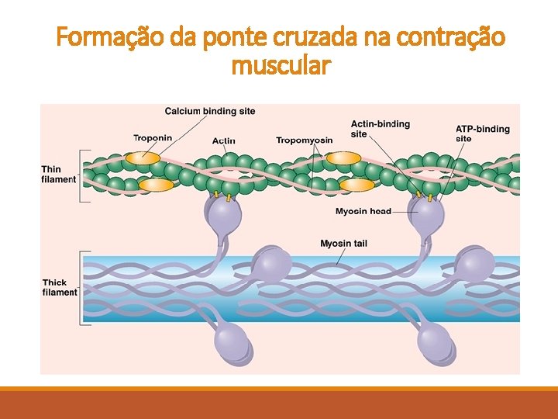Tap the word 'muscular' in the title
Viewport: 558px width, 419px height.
pos(281,67)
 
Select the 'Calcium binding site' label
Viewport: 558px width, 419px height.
pos(210,112)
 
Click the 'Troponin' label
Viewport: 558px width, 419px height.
pos(153,138)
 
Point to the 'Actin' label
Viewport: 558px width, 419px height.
pos(224,140)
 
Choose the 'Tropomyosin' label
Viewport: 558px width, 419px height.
pos(304,140)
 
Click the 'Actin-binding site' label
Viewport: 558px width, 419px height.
pos(380,129)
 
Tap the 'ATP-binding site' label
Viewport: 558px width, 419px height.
pos(482,133)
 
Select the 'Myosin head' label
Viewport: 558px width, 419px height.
pos(363,211)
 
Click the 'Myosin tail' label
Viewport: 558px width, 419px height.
pos(343,244)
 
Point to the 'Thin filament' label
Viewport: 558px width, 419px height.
pos(59,175)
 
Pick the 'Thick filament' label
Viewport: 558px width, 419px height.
pos(60,287)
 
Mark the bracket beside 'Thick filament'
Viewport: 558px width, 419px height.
pos(82,287)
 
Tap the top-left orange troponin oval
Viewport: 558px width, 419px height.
pos(143,158)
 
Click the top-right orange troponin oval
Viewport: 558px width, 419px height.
pos(343,158)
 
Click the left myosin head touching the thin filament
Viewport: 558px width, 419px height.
pos(223,213)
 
